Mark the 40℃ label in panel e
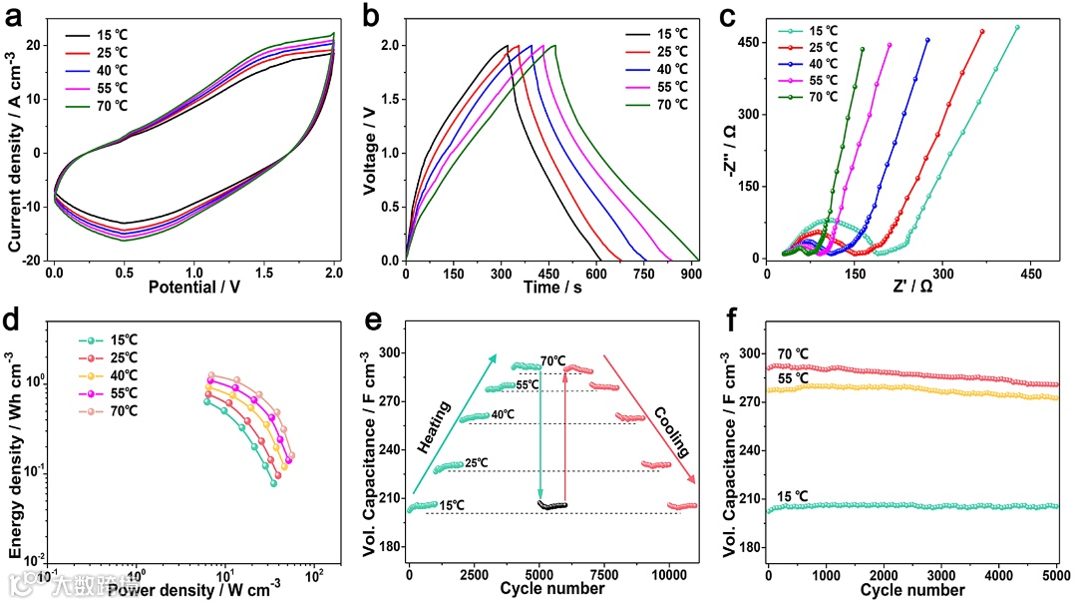pos(503,414)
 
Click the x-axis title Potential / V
pos(193,286)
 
